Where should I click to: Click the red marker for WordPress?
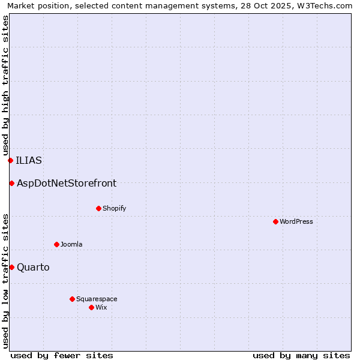click(x=275, y=221)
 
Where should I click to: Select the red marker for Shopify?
click(x=98, y=208)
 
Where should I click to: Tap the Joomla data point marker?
click(x=56, y=244)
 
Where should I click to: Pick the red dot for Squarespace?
click(x=72, y=299)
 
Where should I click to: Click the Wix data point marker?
click(x=91, y=307)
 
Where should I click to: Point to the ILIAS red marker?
click(x=10, y=160)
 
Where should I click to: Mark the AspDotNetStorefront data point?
click(x=11, y=183)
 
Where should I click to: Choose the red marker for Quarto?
click(x=11, y=267)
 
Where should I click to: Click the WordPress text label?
click(x=296, y=221)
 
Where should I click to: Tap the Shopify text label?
click(x=114, y=208)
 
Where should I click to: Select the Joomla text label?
click(x=71, y=244)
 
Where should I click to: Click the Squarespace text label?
click(x=97, y=299)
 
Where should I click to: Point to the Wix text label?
click(x=101, y=307)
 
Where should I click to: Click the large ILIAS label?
click(x=29, y=160)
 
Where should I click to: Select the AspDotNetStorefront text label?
click(x=67, y=183)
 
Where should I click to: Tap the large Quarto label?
click(x=33, y=267)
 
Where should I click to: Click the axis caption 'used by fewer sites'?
click(x=62, y=355)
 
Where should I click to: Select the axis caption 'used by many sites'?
click(x=301, y=355)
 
